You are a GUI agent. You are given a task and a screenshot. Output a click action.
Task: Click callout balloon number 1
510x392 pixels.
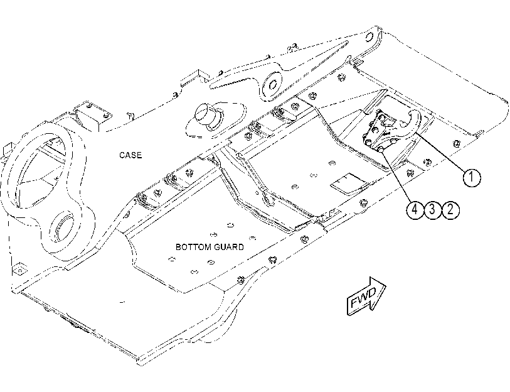tap(471, 178)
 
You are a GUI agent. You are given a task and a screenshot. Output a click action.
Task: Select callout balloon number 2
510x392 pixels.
tap(450, 210)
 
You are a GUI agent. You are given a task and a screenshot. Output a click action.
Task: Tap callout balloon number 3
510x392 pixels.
tap(432, 210)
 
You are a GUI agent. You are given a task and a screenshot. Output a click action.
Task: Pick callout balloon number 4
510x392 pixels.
tap(415, 210)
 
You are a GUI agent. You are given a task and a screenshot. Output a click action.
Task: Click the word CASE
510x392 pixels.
tap(130, 155)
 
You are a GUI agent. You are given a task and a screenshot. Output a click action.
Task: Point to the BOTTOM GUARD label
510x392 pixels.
tap(210, 247)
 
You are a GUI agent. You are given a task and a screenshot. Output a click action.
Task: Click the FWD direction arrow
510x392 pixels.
tap(366, 296)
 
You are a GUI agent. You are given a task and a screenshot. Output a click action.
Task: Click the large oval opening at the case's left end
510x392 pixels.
tap(40, 170)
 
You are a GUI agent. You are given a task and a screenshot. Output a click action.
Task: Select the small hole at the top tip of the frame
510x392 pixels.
tap(368, 37)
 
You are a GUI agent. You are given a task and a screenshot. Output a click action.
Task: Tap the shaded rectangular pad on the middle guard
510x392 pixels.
tap(349, 184)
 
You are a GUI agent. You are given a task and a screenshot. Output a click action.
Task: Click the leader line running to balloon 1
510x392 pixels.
tap(440, 151)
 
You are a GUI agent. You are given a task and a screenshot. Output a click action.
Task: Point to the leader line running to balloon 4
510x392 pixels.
tap(397, 177)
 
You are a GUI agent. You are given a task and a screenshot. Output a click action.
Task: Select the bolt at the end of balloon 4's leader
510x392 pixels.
tap(381, 149)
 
